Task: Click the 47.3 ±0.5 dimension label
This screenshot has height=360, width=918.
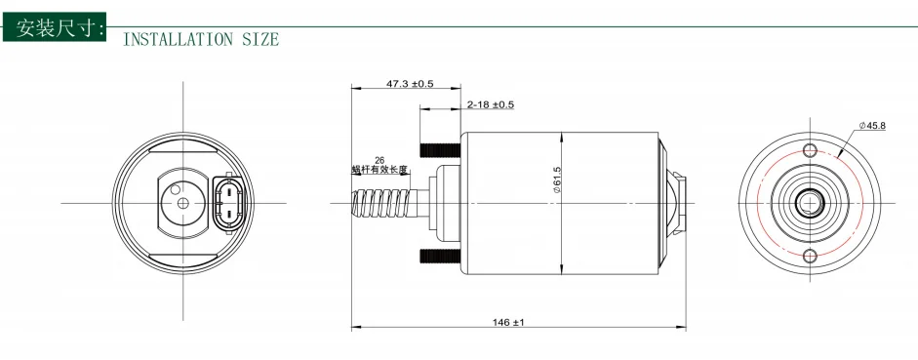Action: [x=410, y=84]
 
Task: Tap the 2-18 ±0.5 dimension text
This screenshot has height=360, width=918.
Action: [x=490, y=104]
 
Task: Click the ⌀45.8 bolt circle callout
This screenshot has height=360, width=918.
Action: [x=872, y=126]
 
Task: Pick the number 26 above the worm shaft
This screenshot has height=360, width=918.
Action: [x=379, y=159]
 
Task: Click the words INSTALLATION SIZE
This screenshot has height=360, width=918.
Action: [x=201, y=40]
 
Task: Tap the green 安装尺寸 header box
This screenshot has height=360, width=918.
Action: [x=56, y=27]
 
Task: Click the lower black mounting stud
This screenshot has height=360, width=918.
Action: [x=440, y=256]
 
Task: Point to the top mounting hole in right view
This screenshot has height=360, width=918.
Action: [x=808, y=150]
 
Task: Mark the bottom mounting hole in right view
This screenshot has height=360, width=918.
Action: [x=808, y=256]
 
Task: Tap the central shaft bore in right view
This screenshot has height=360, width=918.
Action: [x=808, y=203]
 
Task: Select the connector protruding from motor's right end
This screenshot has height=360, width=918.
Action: [x=677, y=203]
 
